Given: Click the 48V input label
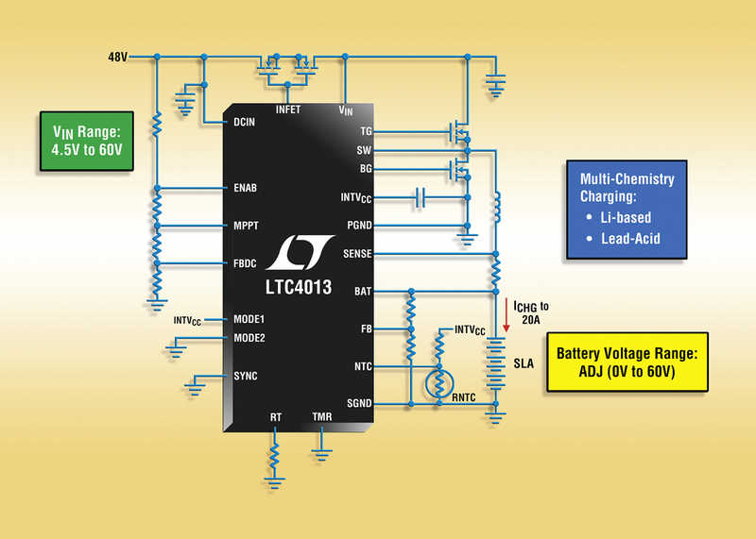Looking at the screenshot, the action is (117, 58).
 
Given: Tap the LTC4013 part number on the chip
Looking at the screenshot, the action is (299, 287).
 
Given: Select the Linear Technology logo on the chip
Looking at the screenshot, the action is (300, 252).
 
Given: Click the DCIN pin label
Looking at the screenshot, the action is (244, 123).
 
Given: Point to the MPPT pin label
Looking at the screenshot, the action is (246, 226).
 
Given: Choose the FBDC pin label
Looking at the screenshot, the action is (245, 263).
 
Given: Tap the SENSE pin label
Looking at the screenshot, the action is (357, 254).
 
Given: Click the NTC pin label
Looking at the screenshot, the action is (363, 366).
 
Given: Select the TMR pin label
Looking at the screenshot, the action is (321, 416).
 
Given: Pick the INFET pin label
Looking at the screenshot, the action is (288, 109).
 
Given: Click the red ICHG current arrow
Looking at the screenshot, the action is (507, 315).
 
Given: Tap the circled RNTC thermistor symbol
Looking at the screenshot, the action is (439, 384).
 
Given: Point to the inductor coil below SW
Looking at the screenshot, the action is (496, 207).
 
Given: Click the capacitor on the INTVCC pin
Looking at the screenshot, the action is (420, 197).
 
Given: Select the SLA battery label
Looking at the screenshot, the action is (524, 363).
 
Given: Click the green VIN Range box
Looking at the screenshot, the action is (87, 142).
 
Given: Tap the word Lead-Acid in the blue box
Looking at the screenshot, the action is (630, 239).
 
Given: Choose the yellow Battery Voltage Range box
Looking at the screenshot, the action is (627, 362).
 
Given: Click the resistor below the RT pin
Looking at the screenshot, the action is (274, 456).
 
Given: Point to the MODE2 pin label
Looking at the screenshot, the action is (249, 338).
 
